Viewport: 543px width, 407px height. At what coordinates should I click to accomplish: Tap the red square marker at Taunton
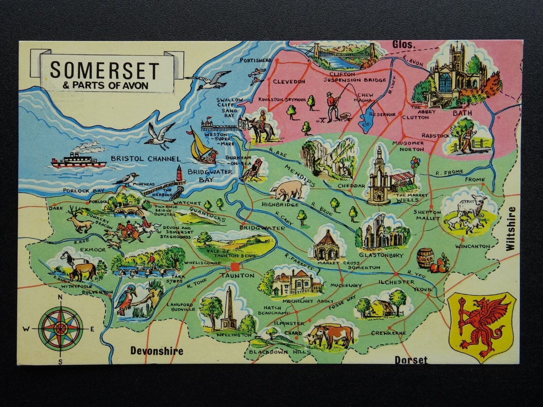click(x=235, y=266)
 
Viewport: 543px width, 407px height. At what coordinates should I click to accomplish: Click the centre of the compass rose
click(x=61, y=328)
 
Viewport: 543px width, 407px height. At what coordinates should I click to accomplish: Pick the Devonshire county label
click(x=157, y=351)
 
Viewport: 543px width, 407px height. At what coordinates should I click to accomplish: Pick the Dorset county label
click(x=411, y=360)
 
